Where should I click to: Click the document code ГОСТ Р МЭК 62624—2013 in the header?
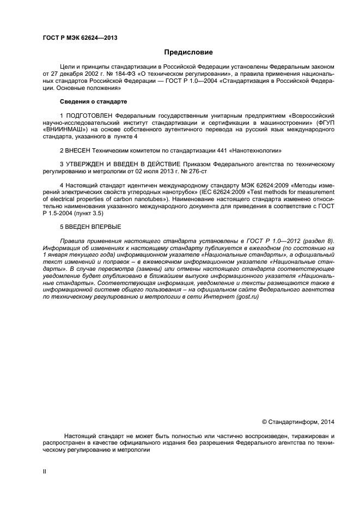tap(80, 38)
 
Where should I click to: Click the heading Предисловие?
tap(188, 53)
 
